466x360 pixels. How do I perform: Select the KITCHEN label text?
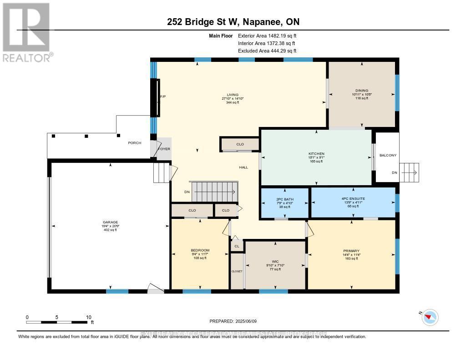(316, 154)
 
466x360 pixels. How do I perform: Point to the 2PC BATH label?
(285, 199)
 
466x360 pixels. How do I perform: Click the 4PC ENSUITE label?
(353, 199)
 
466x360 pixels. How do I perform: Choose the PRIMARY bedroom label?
(351, 251)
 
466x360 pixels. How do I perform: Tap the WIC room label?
(275, 261)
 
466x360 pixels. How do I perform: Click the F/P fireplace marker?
(162, 96)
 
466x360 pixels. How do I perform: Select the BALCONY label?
(388, 155)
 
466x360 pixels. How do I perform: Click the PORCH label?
(134, 143)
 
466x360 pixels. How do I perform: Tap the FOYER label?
(164, 149)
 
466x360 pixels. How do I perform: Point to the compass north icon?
(430, 317)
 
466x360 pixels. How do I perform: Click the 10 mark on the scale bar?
(89, 317)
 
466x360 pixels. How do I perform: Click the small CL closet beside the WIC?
(237, 246)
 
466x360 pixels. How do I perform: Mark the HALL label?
(243, 167)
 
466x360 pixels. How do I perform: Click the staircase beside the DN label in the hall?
(214, 192)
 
